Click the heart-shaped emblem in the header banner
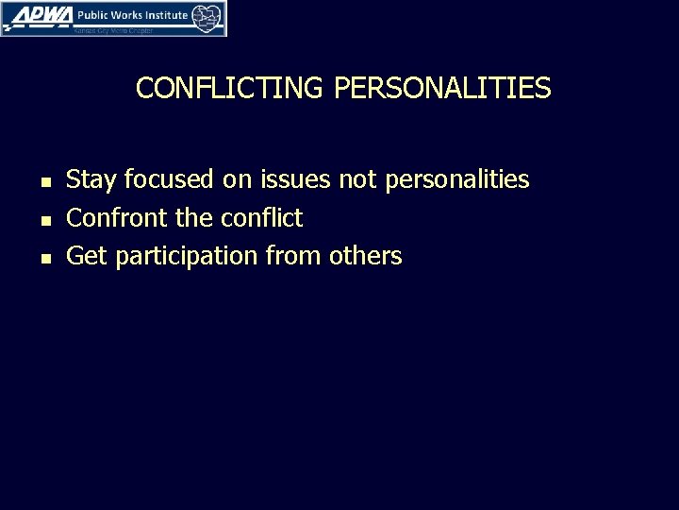point(208,16)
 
